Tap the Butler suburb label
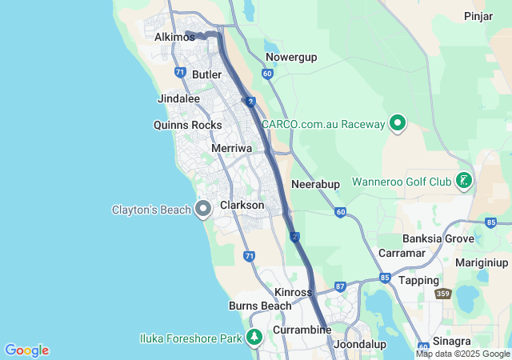pyautogui.click(x=206, y=74)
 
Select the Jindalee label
pyautogui.click(x=179, y=98)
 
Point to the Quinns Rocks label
pyautogui.click(x=187, y=125)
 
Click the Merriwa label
pyautogui.click(x=232, y=149)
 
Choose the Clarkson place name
pyautogui.click(x=242, y=206)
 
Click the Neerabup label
pyautogui.click(x=316, y=184)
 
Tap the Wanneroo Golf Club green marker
pyautogui.click(x=463, y=182)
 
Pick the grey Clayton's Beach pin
pyautogui.click(x=203, y=210)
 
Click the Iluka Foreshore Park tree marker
pyautogui.click(x=254, y=338)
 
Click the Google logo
pyautogui.click(x=26, y=350)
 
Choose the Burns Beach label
pyautogui.click(x=260, y=306)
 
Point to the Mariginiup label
pyautogui.click(x=482, y=262)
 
